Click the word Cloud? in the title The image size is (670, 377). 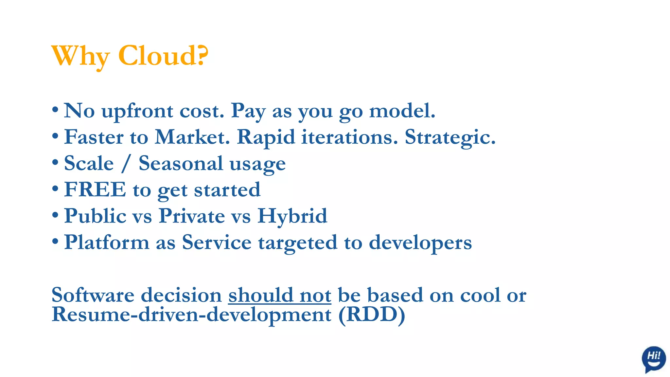pos(163,56)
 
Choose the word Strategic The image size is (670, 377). pos(450,137)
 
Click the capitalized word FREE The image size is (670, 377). pos(95,189)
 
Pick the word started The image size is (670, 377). pos(227,190)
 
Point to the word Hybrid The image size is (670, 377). pos(292,216)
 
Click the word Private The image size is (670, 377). pos(192,216)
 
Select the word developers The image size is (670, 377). pos(420,243)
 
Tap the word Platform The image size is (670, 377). pos(107,242)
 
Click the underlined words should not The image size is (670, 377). pos(280,295)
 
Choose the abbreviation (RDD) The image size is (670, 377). pos(372,315)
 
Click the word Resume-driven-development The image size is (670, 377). pos(191,315)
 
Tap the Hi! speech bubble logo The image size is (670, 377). pos(653,359)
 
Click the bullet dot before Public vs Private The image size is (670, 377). pos(55,215)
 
